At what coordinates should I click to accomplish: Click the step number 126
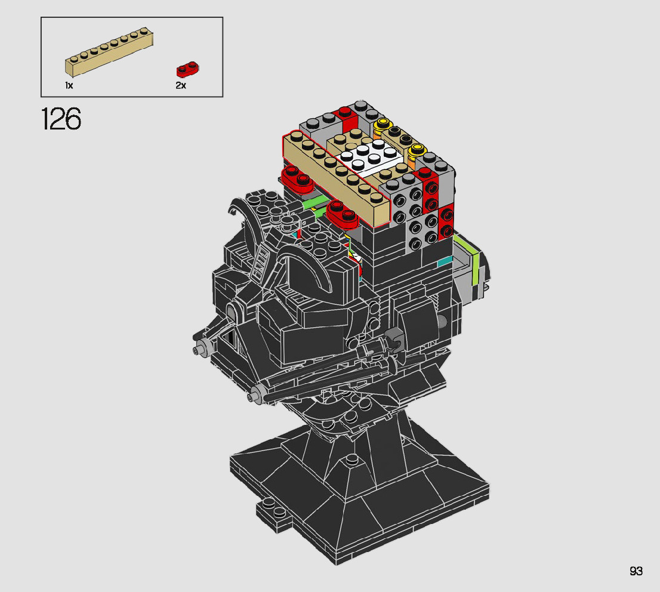pyautogui.click(x=61, y=119)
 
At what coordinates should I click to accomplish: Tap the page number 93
pyautogui.click(x=636, y=571)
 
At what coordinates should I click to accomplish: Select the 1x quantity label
pyautogui.click(x=69, y=85)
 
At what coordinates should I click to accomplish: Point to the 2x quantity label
pyautogui.click(x=181, y=85)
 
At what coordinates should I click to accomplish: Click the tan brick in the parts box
pyautogui.click(x=109, y=52)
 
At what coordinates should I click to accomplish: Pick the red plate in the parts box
pyautogui.click(x=188, y=69)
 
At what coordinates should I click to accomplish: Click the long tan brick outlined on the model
pyautogui.click(x=337, y=179)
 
